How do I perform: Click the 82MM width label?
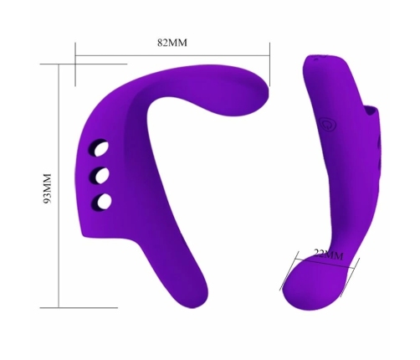click(x=172, y=43)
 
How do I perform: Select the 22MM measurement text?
click(x=327, y=253)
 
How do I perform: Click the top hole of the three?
click(x=101, y=150)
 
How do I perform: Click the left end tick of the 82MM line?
click(x=74, y=59)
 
